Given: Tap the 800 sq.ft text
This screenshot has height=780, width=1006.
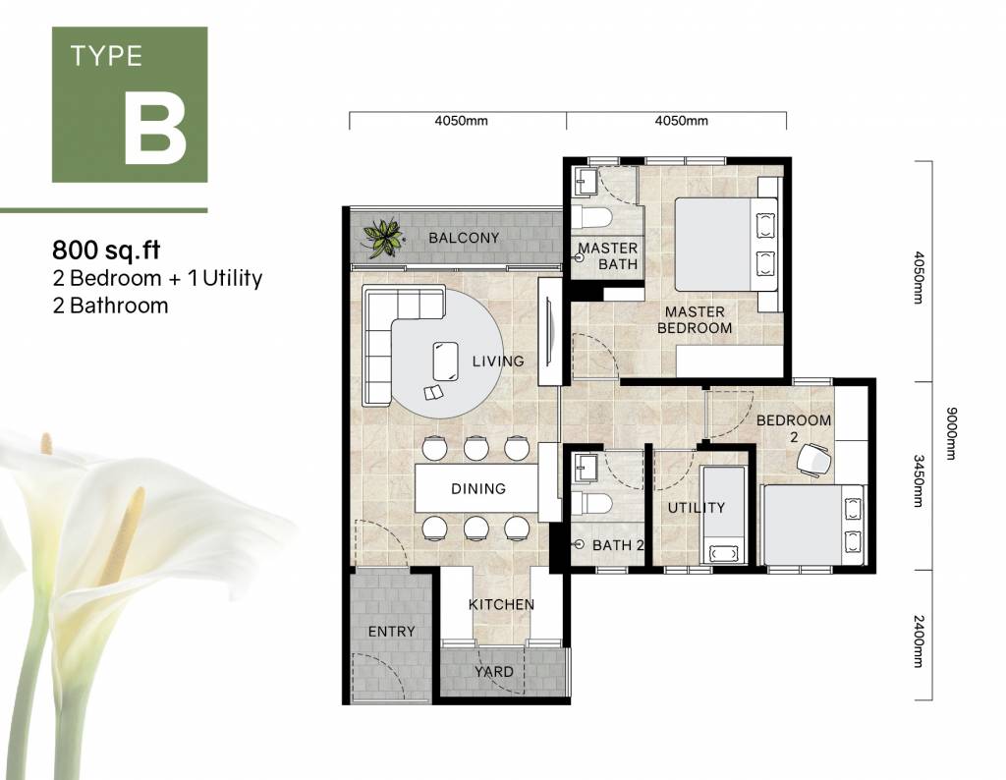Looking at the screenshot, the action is click(106, 249).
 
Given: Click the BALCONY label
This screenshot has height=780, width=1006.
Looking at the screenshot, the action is click(464, 238).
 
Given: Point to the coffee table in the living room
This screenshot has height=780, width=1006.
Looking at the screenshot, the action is click(445, 362).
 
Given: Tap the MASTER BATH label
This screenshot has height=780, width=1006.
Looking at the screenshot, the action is click(608, 256).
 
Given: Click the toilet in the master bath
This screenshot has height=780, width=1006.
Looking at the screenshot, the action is click(592, 217).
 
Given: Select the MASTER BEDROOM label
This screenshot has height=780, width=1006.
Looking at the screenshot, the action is click(695, 319).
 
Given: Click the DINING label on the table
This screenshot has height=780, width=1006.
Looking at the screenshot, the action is click(478, 489).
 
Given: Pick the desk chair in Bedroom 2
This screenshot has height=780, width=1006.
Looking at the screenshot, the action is click(813, 460).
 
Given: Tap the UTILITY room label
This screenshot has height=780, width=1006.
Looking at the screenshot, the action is click(697, 507).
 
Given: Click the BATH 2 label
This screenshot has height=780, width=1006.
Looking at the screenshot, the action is click(618, 545).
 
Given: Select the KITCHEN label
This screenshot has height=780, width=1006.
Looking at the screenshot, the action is click(501, 604).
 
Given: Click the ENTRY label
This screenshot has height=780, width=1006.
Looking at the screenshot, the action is click(391, 632).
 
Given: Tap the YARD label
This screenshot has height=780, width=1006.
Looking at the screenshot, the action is click(494, 672).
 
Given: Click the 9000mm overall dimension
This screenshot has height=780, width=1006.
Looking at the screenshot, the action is click(951, 433).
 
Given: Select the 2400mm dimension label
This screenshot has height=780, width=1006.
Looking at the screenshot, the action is click(919, 641).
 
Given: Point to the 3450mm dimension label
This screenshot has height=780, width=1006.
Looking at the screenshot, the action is click(919, 480).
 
